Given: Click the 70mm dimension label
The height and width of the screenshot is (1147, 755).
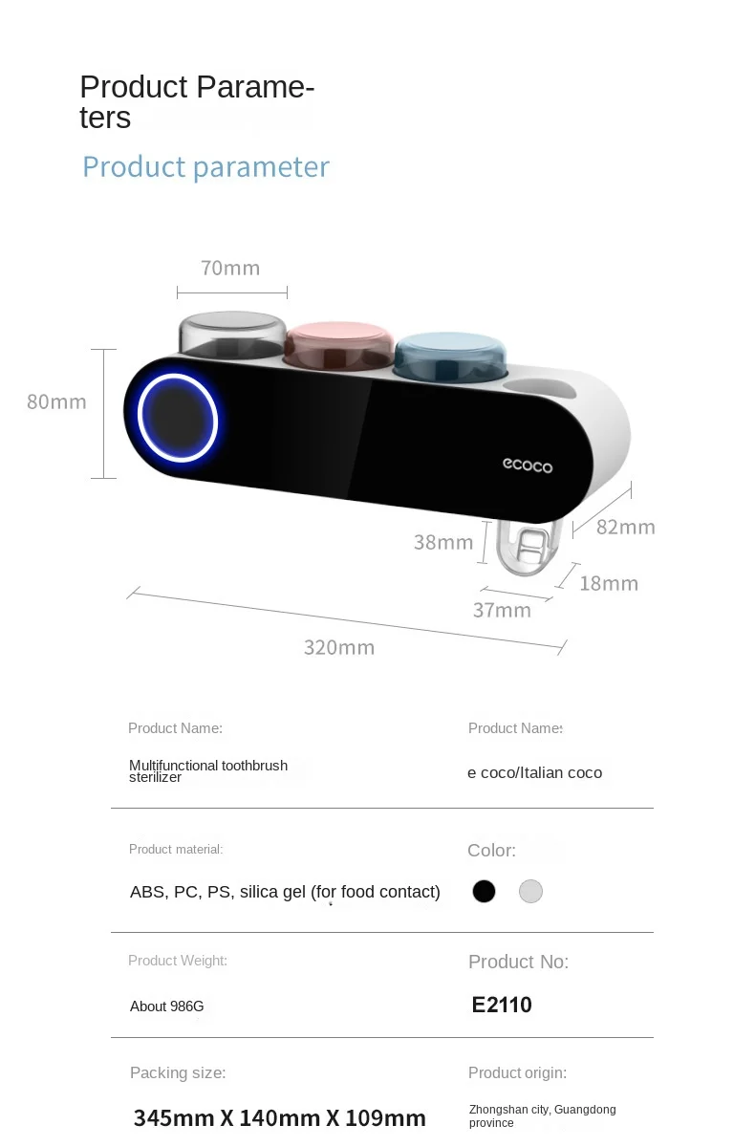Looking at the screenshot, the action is (x=230, y=269).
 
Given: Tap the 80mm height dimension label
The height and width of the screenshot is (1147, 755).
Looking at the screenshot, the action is (x=56, y=402).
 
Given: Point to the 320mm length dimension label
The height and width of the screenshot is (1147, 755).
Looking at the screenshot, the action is (x=339, y=648).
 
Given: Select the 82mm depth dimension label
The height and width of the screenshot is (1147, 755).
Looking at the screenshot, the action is (x=625, y=527).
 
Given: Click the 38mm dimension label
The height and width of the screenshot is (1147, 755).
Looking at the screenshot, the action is (x=443, y=543).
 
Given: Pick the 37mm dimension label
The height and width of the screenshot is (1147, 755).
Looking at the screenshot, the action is (x=502, y=610).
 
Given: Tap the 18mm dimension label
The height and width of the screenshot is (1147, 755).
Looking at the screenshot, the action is (x=609, y=583).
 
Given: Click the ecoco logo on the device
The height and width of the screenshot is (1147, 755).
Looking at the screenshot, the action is (x=528, y=465).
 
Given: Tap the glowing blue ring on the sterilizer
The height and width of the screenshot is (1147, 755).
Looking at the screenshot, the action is (x=178, y=419).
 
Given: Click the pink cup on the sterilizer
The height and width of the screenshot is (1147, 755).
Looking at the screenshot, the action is (x=338, y=344).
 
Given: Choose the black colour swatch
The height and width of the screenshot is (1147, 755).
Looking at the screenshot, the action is (x=484, y=892).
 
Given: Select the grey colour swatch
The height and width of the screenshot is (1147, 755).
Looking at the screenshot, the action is (x=530, y=892).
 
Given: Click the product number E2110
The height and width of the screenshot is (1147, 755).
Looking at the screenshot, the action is (x=502, y=1005).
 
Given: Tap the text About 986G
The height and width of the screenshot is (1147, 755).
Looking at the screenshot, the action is (x=167, y=1006).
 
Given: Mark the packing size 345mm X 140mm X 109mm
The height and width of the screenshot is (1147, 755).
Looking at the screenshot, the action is (x=280, y=1117).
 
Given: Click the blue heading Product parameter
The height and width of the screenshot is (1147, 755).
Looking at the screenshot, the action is (x=205, y=167).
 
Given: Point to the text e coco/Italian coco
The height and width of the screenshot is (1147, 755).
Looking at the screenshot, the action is (x=534, y=772).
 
